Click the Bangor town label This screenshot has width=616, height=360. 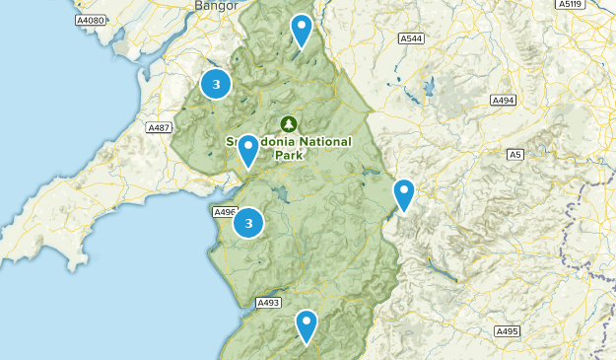click(x=214, y=6)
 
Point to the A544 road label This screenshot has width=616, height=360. click(x=411, y=38)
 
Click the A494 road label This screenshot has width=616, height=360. click(x=504, y=100)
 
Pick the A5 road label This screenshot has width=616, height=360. click(x=514, y=154)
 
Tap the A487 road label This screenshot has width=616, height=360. click(x=159, y=127)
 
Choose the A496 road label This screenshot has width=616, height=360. click(x=224, y=211)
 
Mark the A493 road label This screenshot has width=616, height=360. click(x=268, y=303)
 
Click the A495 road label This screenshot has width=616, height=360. click(x=507, y=331)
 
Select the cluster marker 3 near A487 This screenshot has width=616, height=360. click(x=216, y=84)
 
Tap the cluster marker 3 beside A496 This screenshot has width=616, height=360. click(x=248, y=224)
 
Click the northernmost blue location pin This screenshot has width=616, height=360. click(x=301, y=29)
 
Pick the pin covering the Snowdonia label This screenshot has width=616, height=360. click(x=248, y=149)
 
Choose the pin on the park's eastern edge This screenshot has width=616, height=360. click(x=403, y=193)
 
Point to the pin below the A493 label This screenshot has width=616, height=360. click(x=307, y=324)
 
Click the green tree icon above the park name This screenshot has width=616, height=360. click(x=288, y=123)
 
